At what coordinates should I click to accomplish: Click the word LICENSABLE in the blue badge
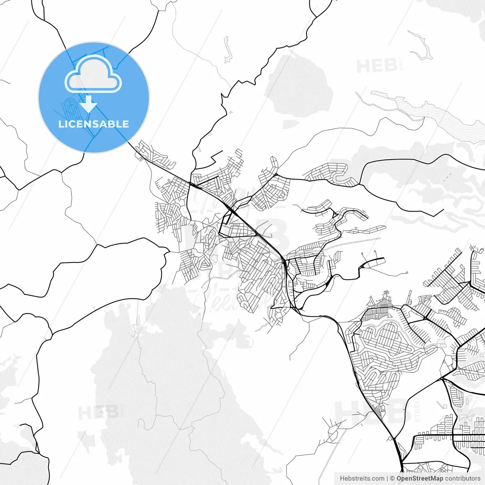click(93, 124)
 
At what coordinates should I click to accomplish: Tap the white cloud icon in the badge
click(93, 75)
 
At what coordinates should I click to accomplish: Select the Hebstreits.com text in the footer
click(362, 479)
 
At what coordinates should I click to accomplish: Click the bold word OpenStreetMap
click(420, 479)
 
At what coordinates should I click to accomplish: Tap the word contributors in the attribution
click(463, 479)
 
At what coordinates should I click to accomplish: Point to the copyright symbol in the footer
click(392, 479)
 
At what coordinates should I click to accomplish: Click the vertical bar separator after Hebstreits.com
click(387, 479)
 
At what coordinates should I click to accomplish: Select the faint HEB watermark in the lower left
click(99, 412)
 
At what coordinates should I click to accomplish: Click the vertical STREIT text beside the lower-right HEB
click(418, 409)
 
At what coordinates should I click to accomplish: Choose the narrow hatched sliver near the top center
click(227, 49)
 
